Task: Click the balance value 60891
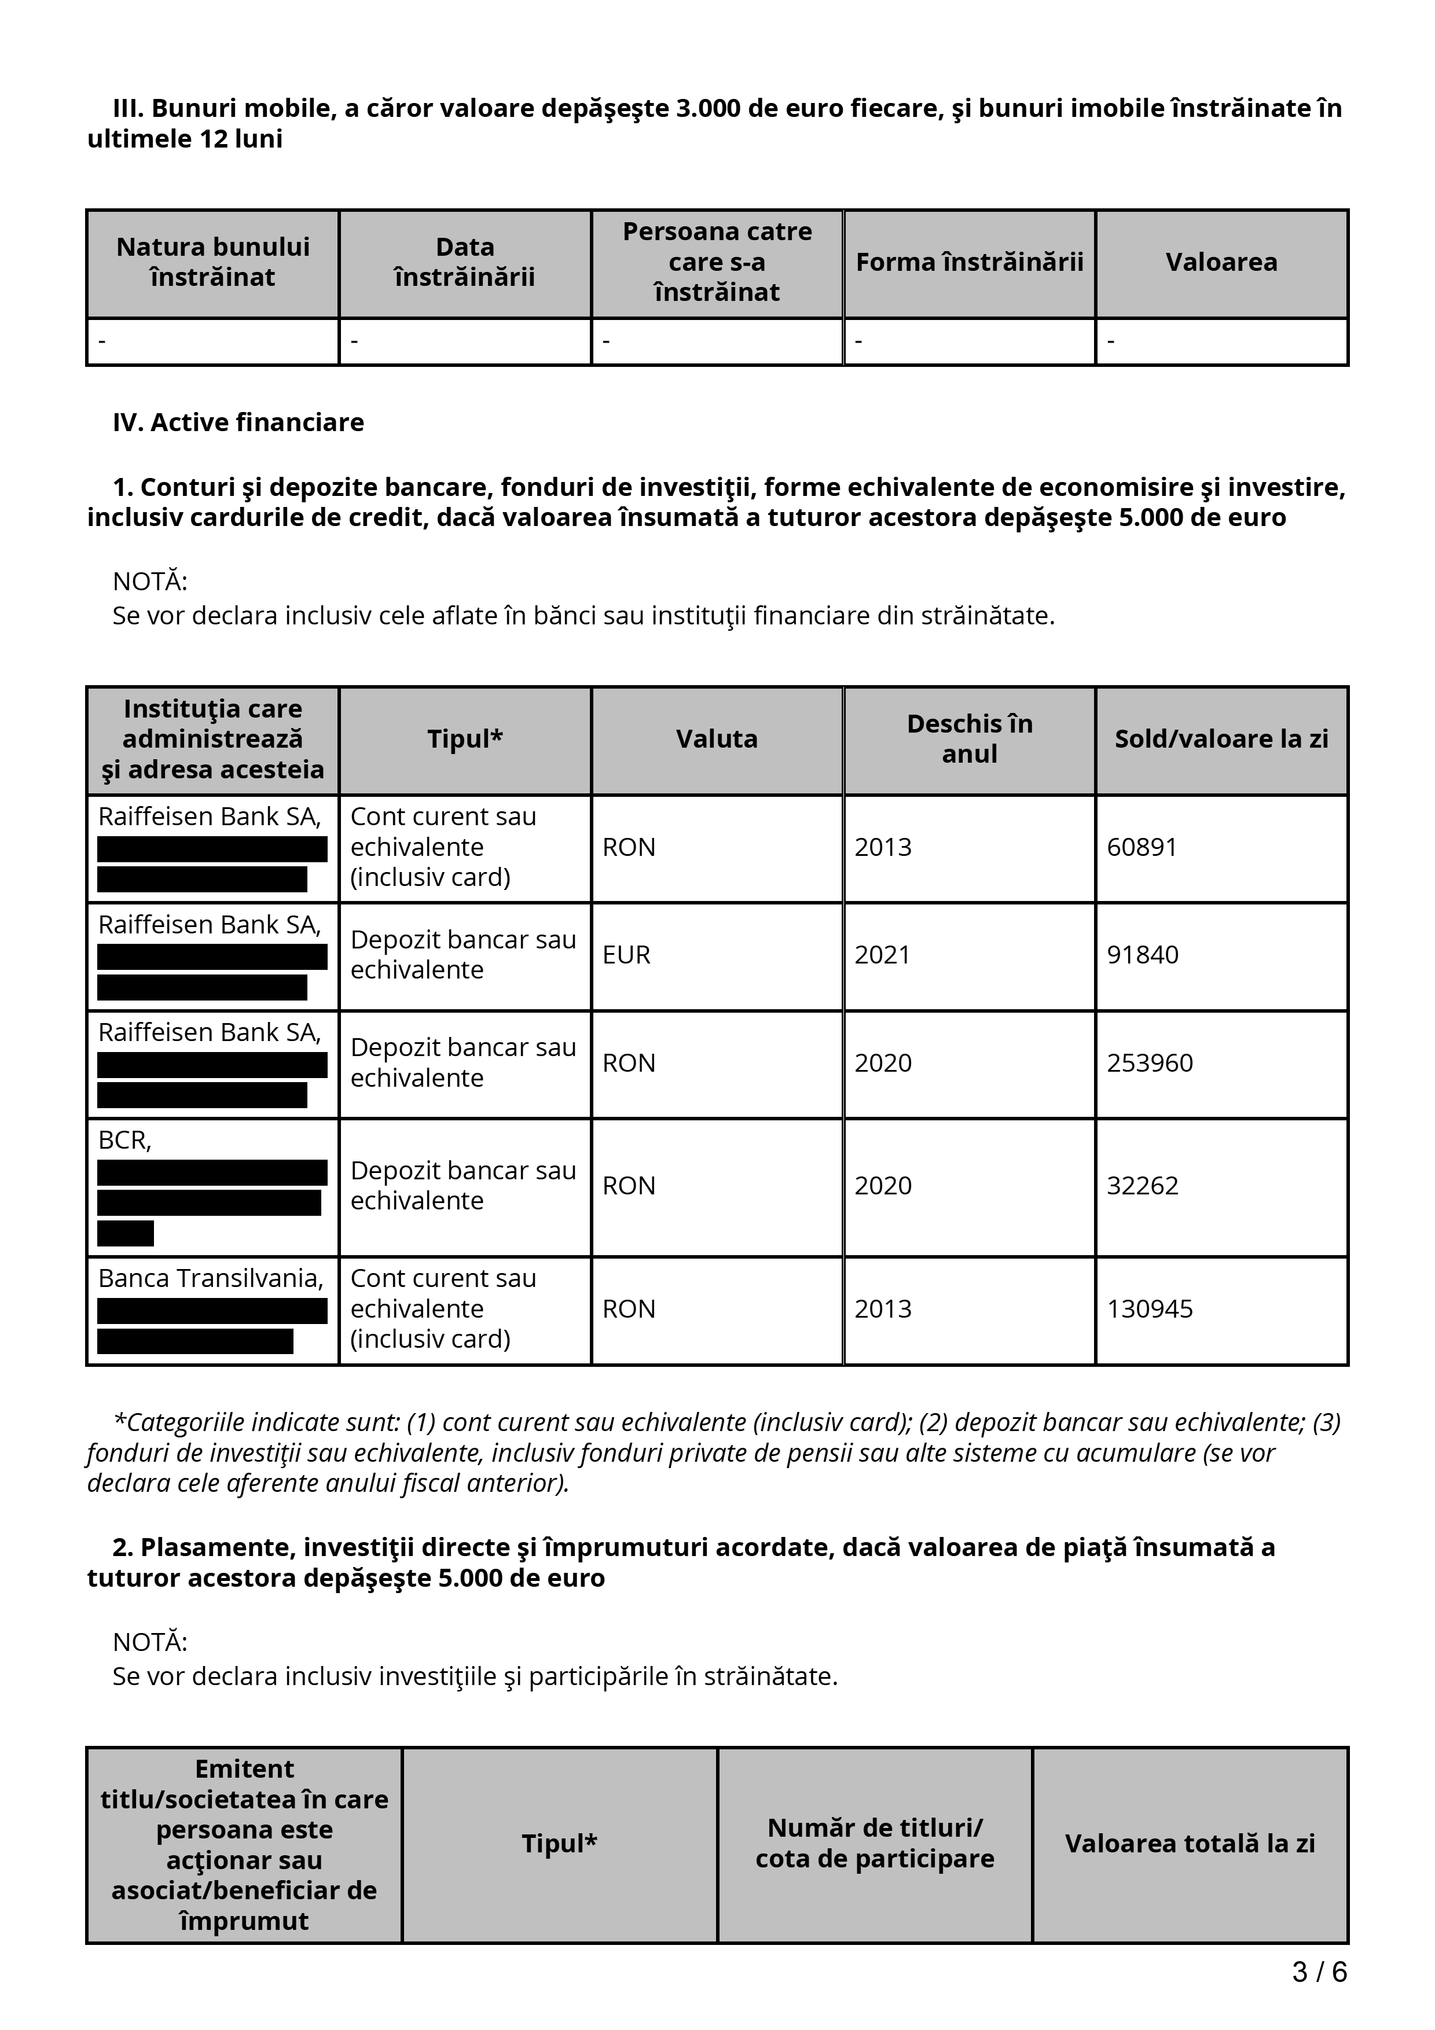[1142, 847]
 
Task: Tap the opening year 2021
[882, 955]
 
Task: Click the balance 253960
[1150, 1063]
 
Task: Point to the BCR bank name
[124, 1141]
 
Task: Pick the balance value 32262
[1142, 1186]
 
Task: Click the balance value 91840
[1142, 955]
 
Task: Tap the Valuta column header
[716, 739]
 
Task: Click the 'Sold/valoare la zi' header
[1221, 739]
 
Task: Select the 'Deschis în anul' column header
[969, 739]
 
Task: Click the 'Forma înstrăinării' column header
[969, 263]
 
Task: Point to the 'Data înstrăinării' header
[464, 263]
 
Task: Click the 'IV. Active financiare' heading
[238, 422]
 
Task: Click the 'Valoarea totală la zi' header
[1189, 1844]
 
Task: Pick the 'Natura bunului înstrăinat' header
[212, 263]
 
